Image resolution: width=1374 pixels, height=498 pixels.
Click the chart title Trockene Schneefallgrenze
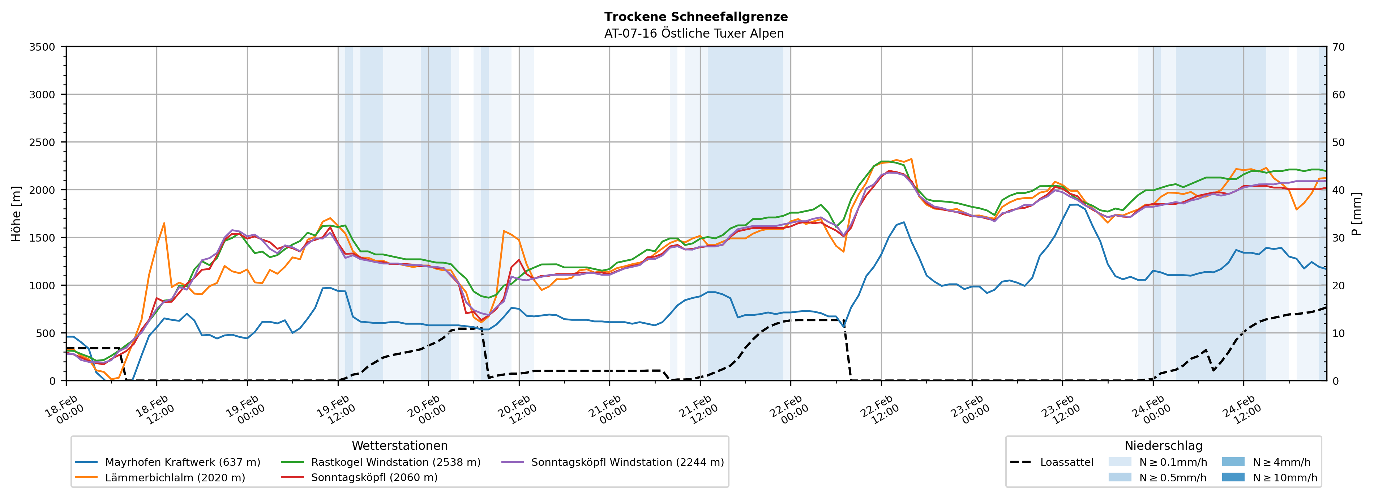coord(695,17)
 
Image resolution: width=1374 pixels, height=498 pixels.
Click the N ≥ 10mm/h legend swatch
coord(1233,477)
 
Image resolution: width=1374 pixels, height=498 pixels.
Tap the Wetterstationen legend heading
coord(399,446)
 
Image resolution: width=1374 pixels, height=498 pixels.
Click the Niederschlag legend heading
coord(1163,446)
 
